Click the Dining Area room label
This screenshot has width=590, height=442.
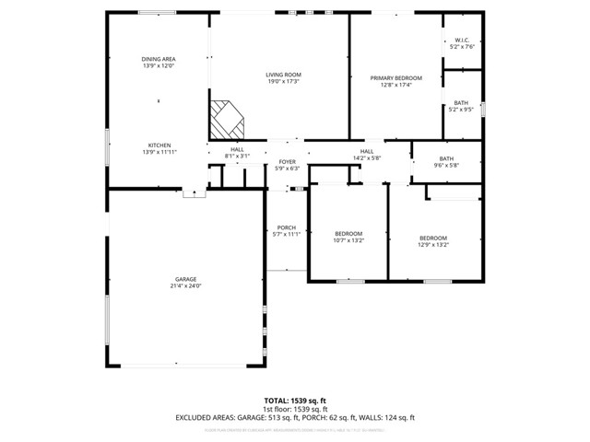(x=159, y=59)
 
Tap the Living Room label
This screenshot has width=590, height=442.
(x=284, y=75)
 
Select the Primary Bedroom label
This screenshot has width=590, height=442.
(x=395, y=78)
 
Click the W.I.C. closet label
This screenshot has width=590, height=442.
(x=462, y=40)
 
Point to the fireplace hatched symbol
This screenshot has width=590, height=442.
(x=225, y=118)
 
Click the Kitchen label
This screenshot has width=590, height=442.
(x=159, y=145)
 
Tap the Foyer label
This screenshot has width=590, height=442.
(x=288, y=162)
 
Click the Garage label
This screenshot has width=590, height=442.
(x=186, y=279)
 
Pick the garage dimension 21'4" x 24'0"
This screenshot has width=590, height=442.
(x=186, y=286)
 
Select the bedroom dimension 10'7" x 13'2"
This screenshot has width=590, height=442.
(x=348, y=240)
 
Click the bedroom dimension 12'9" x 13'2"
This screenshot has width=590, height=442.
(x=433, y=245)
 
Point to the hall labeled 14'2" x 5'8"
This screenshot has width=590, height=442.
(x=366, y=155)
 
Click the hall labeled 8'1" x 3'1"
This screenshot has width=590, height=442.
(x=237, y=153)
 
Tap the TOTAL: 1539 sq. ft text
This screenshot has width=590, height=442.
(x=294, y=400)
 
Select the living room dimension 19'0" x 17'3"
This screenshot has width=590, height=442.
(x=284, y=82)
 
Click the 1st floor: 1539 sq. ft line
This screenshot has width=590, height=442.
(x=294, y=409)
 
